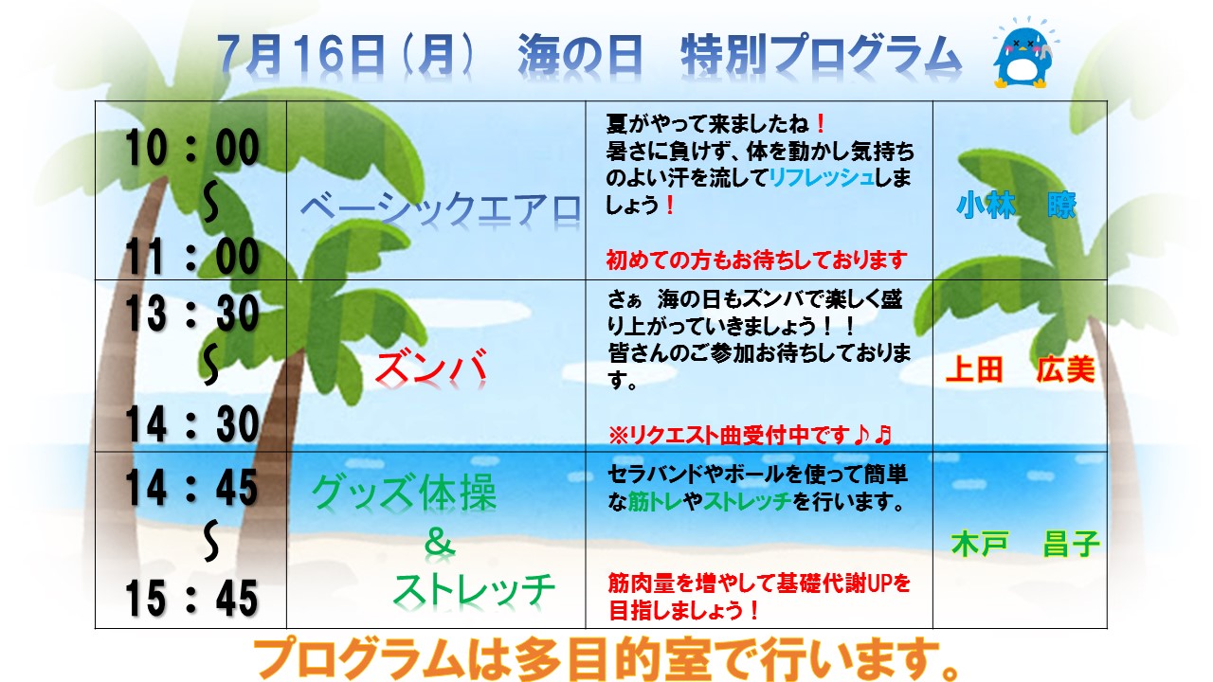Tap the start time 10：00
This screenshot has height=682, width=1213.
[192, 147]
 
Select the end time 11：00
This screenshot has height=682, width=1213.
[192, 256]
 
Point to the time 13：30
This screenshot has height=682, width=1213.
[192, 314]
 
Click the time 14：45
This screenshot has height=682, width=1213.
[192, 488]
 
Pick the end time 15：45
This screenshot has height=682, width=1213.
[192, 599]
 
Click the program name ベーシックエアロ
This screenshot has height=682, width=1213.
[441, 210]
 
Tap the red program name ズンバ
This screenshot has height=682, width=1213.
[431, 369]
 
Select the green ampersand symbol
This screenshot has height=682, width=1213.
[439, 542]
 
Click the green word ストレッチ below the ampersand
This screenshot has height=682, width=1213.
[474, 591]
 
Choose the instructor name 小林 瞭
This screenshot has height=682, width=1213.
[1017, 206]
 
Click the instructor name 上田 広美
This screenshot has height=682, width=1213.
[1021, 370]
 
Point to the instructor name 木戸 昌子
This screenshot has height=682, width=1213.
[1025, 544]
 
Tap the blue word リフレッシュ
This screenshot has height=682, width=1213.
[822, 177]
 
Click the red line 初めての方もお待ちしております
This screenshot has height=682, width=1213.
[756, 260]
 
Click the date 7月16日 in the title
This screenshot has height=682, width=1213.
[301, 55]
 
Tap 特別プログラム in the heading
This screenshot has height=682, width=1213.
[821, 55]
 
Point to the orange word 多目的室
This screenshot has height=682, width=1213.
[612, 660]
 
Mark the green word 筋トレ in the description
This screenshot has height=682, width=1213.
[654, 502]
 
